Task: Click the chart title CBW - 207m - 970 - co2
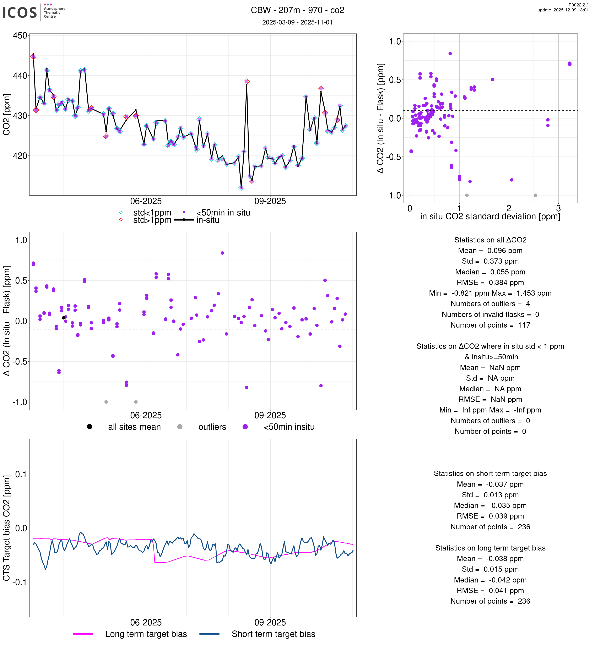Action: click(x=297, y=10)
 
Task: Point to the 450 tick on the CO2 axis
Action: click(x=20, y=35)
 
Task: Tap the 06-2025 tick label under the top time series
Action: click(x=146, y=202)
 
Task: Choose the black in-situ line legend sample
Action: click(x=184, y=220)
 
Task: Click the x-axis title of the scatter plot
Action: click(x=490, y=217)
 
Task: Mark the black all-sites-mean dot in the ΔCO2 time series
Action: click(x=64, y=318)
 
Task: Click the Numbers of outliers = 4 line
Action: click(x=490, y=304)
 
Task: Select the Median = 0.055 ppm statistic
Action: click(x=490, y=272)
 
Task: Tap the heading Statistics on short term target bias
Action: click(x=490, y=473)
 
